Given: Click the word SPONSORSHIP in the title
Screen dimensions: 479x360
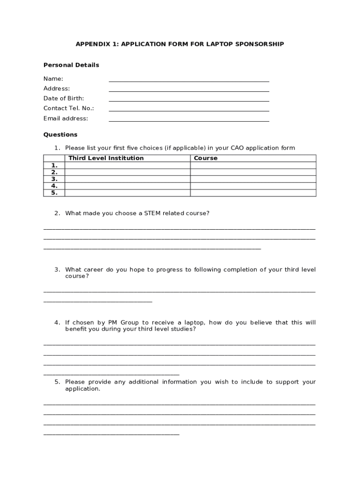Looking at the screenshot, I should click(260, 44).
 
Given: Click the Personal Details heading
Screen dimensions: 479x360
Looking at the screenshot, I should click(71, 65).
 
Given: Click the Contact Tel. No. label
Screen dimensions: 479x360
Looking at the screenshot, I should click(69, 108).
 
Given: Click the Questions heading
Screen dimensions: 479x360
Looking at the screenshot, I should click(60, 135).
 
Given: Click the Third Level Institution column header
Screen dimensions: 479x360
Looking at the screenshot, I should click(106, 158).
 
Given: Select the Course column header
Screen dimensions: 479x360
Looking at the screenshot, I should click(206, 158).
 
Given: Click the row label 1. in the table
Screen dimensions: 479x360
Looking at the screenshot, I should click(54, 165).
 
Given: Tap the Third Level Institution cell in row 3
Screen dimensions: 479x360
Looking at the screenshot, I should click(127, 179).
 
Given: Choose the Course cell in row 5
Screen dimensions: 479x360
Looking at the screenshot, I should click(253, 193).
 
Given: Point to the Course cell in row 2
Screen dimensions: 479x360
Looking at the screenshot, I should click(253, 172).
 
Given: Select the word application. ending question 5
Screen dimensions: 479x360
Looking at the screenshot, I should click(83, 389).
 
